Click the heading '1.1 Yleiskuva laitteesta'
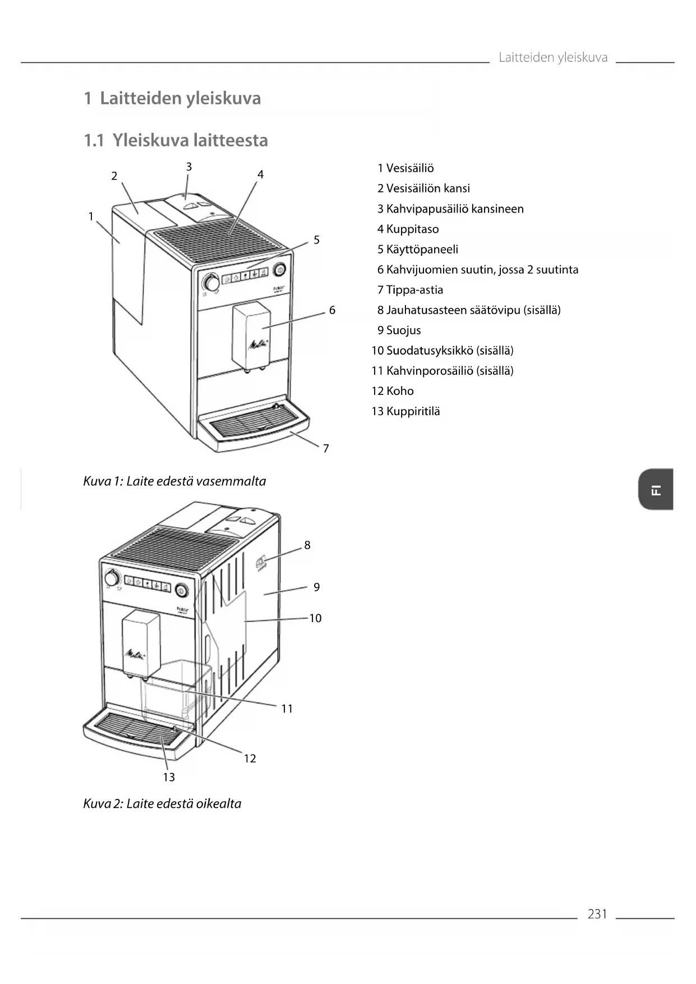click(x=176, y=140)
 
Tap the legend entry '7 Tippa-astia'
click(x=410, y=290)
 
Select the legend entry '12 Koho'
click(x=393, y=391)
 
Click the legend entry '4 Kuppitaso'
click(x=408, y=229)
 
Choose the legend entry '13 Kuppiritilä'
click(x=405, y=411)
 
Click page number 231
click(x=597, y=914)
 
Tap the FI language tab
click(x=656, y=489)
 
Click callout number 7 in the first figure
click(x=326, y=448)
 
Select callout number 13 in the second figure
click(x=169, y=777)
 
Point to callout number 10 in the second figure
click(x=315, y=618)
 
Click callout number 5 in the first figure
click(x=316, y=240)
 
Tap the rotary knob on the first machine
click(x=211, y=282)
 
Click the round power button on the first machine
click(x=279, y=270)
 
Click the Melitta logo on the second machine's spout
click(x=135, y=654)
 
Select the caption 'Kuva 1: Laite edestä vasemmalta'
click(x=174, y=481)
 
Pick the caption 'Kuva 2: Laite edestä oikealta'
click(x=162, y=804)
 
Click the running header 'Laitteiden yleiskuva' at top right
click(x=552, y=57)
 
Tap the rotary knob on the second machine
click(x=112, y=578)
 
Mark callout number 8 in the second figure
click(x=307, y=545)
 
